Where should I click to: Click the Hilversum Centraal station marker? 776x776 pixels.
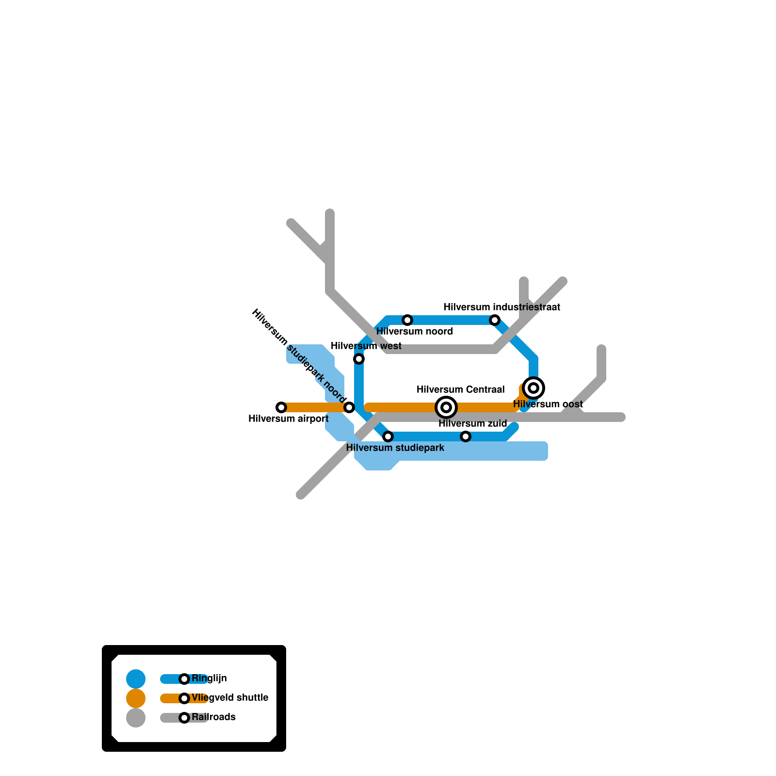click(x=446, y=407)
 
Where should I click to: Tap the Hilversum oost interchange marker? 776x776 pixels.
click(x=533, y=388)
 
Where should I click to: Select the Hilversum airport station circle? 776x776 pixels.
click(x=281, y=407)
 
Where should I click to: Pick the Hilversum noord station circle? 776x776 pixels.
click(x=407, y=320)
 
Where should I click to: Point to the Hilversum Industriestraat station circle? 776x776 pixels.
click(x=495, y=320)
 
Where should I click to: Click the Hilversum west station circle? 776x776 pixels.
click(x=359, y=359)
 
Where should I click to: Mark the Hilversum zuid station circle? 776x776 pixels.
click(x=466, y=436)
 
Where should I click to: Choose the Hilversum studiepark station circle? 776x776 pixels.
click(x=388, y=436)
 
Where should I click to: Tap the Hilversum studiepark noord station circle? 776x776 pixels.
click(x=349, y=407)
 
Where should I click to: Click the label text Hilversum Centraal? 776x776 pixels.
click(x=460, y=389)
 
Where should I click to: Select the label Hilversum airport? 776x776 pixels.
click(x=288, y=419)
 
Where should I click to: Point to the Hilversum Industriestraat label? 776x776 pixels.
click(x=501, y=307)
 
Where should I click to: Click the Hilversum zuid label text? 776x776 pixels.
click(x=472, y=423)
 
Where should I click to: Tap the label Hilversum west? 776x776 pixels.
click(x=366, y=346)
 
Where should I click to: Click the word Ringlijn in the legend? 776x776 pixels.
click(x=209, y=678)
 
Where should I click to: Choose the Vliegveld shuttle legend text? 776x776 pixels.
click(x=230, y=697)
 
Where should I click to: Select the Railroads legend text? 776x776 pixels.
click(x=213, y=717)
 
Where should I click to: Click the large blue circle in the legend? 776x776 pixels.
click(x=136, y=679)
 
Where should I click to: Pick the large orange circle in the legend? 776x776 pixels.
click(x=136, y=698)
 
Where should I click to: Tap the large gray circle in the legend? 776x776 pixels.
click(x=136, y=718)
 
